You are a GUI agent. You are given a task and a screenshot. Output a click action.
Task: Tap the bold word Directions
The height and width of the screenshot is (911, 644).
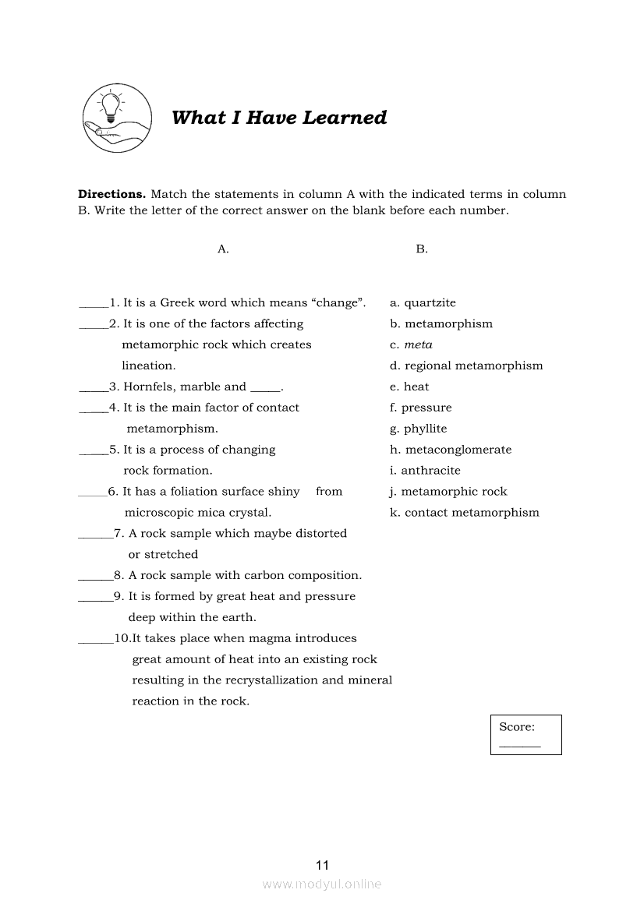(x=111, y=194)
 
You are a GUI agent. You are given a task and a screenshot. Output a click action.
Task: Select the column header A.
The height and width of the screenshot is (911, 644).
(x=223, y=249)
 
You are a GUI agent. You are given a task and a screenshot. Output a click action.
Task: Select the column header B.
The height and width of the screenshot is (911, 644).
(x=422, y=249)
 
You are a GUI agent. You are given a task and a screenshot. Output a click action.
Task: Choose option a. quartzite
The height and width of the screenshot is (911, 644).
(x=423, y=303)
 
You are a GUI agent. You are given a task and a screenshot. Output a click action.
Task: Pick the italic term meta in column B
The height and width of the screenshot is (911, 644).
(x=419, y=345)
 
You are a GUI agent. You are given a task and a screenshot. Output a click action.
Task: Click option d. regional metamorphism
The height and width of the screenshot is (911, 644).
(x=466, y=366)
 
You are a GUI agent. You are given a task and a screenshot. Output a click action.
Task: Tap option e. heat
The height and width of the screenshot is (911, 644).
(x=409, y=387)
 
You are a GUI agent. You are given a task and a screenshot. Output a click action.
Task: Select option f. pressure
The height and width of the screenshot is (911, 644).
(x=421, y=408)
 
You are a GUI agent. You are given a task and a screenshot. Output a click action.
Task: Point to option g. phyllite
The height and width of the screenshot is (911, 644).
(x=419, y=429)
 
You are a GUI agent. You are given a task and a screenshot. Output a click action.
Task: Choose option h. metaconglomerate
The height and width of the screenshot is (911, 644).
(x=451, y=450)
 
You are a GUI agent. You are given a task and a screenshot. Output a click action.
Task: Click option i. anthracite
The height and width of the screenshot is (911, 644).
(x=425, y=471)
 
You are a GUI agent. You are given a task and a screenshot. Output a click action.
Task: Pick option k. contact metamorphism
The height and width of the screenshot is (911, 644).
(x=465, y=513)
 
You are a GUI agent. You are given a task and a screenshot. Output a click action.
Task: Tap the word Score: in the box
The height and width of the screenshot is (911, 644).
(x=517, y=727)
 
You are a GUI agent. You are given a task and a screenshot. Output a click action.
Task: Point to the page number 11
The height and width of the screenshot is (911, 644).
(x=323, y=865)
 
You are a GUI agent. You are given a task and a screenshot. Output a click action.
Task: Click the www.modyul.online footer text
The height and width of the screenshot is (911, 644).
(x=322, y=885)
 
